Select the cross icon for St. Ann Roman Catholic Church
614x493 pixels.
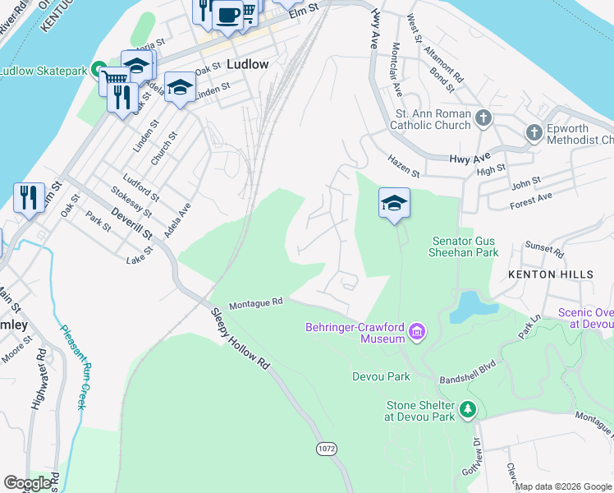pyautogui.click(x=483, y=118)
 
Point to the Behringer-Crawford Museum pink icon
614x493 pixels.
pyautogui.click(x=418, y=332)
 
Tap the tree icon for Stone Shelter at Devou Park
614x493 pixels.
pyautogui.click(x=467, y=408)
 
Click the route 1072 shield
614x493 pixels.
pyautogui.click(x=324, y=449)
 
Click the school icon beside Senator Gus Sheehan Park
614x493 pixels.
pyautogui.click(x=394, y=202)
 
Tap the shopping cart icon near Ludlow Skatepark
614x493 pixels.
pyautogui.click(x=112, y=81)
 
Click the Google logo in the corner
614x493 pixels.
pyautogui.click(x=27, y=483)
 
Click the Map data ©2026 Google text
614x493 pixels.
pyautogui.click(x=563, y=486)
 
